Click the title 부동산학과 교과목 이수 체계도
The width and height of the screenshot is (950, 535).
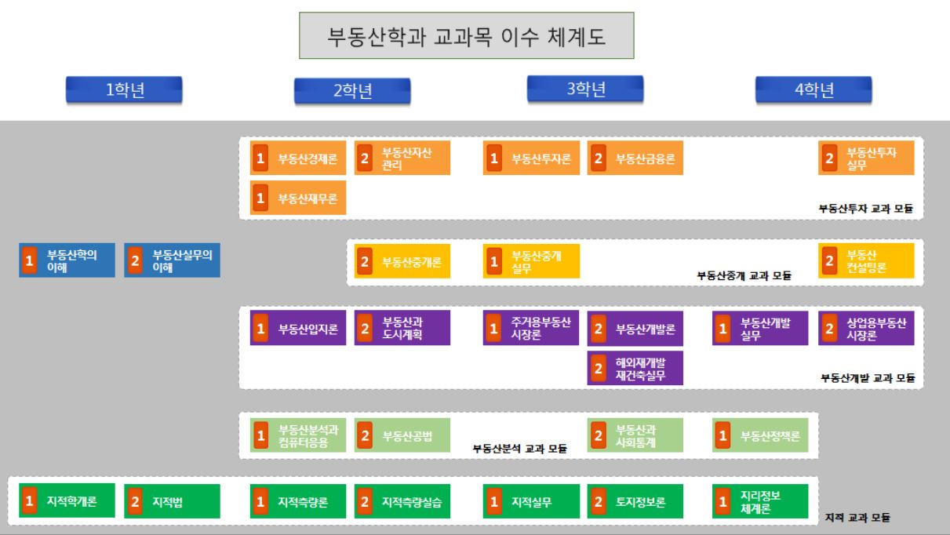click(467, 36)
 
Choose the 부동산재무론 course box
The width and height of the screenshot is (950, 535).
click(298, 198)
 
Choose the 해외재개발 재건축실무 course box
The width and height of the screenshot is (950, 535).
click(635, 368)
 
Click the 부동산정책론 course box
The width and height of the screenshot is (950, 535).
click(760, 435)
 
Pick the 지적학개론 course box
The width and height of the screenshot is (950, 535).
click(67, 501)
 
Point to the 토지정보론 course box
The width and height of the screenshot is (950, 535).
click(635, 501)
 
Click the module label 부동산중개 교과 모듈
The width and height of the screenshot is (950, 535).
click(744, 275)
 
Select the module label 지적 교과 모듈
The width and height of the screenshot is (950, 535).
click(859, 519)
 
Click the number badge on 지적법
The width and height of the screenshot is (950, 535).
click(135, 501)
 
